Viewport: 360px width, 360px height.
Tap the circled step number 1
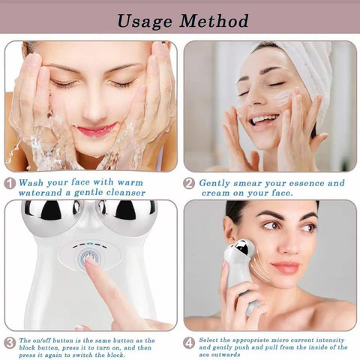tap(10, 182)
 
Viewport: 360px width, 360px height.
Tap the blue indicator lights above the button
tap(89, 242)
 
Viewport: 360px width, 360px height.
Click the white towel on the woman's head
tap(300, 64)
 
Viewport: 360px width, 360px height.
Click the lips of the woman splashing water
tap(95, 130)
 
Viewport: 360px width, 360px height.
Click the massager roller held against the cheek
tap(242, 251)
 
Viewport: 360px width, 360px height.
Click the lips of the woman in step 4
tap(285, 267)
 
